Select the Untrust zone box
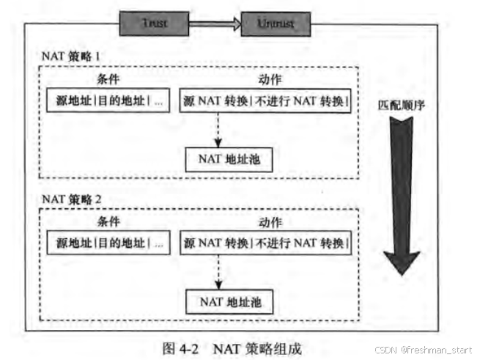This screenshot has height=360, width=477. [276, 23]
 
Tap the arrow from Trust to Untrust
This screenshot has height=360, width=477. [216, 23]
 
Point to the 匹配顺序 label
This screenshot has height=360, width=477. [405, 106]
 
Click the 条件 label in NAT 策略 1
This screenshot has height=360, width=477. [107, 79]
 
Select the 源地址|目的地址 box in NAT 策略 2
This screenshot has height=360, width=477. [108, 242]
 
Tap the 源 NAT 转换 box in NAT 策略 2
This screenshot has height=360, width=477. [265, 242]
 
